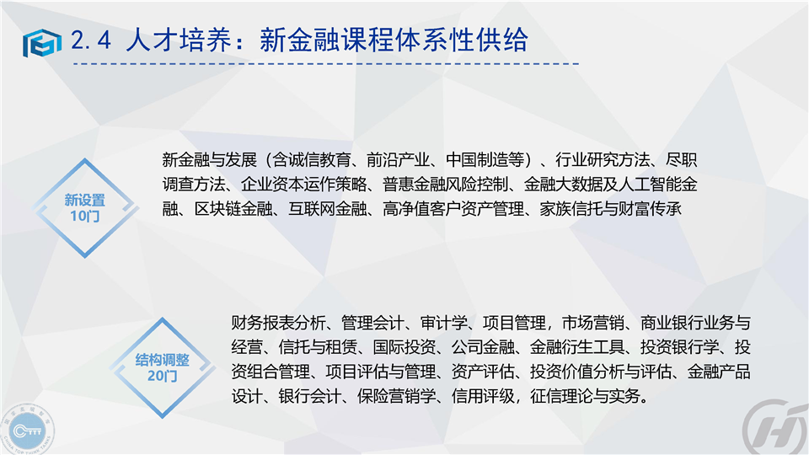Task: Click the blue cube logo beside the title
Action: [x=42, y=42]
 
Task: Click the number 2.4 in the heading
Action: [x=91, y=40]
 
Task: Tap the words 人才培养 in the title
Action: [x=179, y=40]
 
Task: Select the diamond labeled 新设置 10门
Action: [x=85, y=207]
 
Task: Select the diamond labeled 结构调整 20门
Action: [x=162, y=367]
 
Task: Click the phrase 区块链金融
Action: [x=233, y=209]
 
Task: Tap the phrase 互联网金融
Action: [x=328, y=209]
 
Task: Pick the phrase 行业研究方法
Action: [x=602, y=160]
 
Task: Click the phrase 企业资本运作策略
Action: [x=304, y=185]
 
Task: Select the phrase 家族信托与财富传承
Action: [x=610, y=209]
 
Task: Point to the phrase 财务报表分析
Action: [x=278, y=323]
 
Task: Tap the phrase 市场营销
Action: [x=592, y=323]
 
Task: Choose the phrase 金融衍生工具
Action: [x=576, y=347]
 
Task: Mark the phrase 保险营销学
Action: [x=396, y=396]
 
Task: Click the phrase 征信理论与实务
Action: [x=585, y=396]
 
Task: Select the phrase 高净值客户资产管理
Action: [x=453, y=209]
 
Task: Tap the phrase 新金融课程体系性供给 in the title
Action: [x=394, y=40]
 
